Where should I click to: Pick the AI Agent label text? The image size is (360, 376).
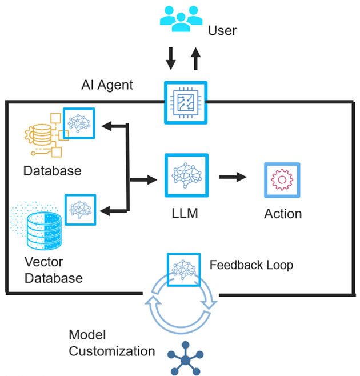coord(107,85)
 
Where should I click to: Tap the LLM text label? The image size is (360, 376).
coord(185,214)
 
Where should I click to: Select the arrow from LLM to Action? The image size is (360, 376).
coord(233,177)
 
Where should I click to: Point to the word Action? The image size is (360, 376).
coord(283,214)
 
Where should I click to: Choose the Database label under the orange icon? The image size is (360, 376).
coord(53,170)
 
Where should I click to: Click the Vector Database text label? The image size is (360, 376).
coord(54,270)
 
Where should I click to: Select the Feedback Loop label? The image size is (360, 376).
coord(251,265)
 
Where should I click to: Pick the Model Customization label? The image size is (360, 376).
coord(111,343)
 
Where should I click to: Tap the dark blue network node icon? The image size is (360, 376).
coord(185,359)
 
